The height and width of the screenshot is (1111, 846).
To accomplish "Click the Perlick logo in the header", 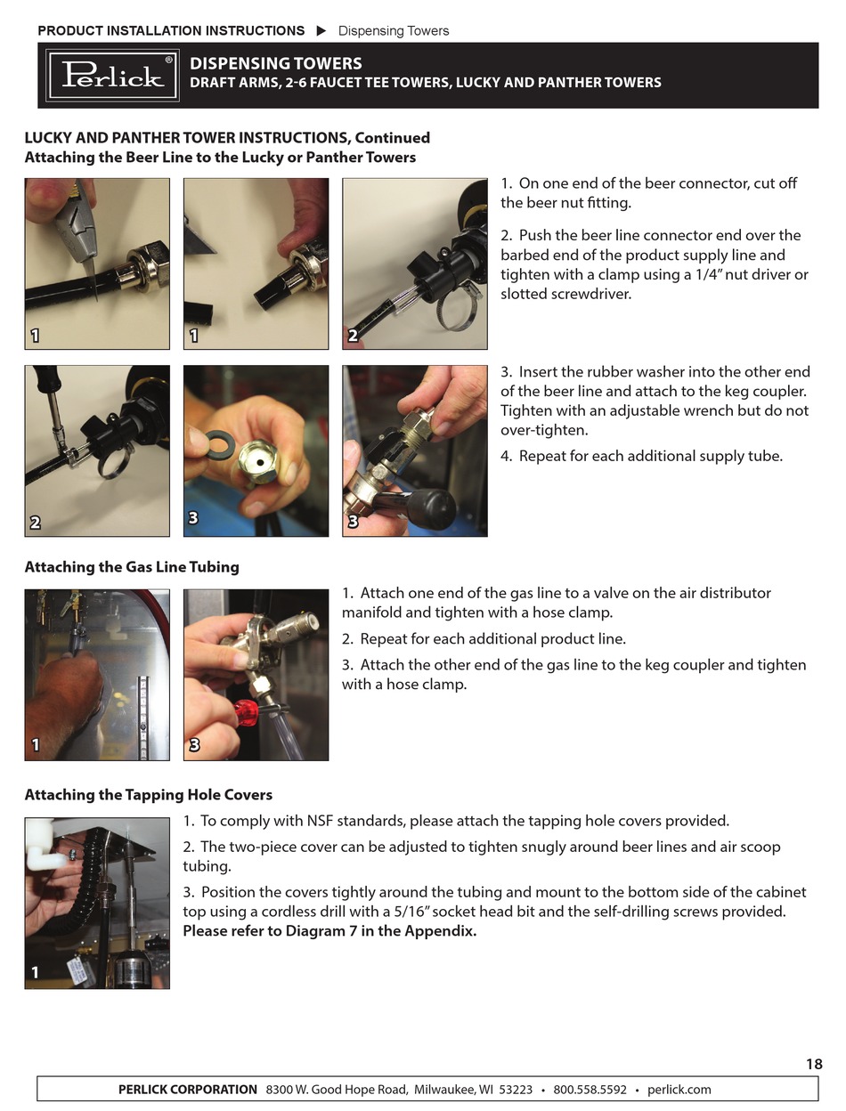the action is [112, 76].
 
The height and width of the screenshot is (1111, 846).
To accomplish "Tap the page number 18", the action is [814, 1064].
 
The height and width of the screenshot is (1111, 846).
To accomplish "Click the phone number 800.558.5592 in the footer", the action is [590, 1090].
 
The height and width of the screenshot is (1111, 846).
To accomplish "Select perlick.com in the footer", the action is [679, 1090].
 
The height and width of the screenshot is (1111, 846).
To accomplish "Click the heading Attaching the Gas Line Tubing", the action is [132, 567].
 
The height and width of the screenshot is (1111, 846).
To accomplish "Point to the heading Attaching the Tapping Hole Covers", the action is [149, 795].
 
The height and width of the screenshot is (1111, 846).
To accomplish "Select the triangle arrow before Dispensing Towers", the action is [321, 31].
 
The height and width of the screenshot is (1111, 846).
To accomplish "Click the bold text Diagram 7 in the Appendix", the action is [381, 931].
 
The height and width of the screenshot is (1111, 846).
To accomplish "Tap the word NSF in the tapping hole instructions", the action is [320, 821].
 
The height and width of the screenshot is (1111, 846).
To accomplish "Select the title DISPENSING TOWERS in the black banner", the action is [276, 64].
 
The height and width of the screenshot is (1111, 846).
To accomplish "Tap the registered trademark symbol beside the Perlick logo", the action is [169, 60].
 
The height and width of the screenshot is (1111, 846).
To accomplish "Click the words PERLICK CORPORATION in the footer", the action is [188, 1090].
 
